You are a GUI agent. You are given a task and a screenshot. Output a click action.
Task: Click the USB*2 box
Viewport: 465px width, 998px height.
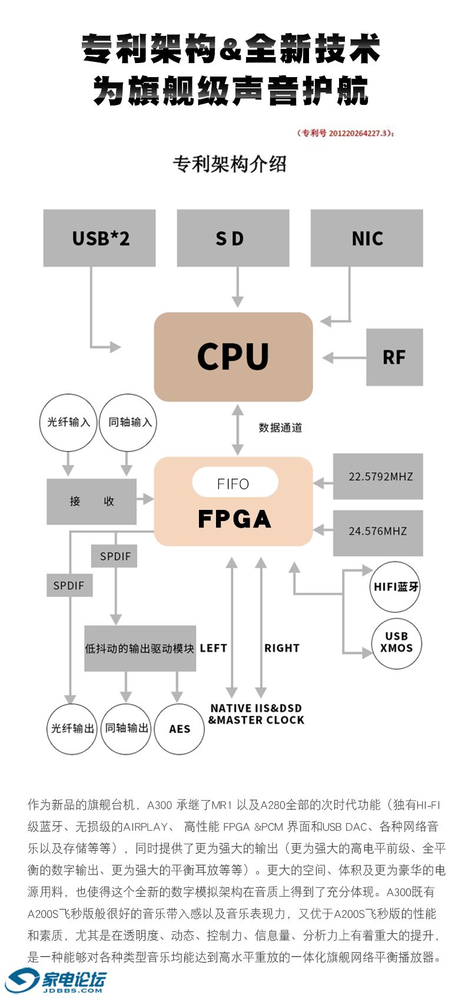pos(99,238)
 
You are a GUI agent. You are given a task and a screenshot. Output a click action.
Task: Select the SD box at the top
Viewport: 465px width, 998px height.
pos(233,238)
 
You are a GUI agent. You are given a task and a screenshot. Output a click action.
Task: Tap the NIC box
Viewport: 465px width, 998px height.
pos(367,238)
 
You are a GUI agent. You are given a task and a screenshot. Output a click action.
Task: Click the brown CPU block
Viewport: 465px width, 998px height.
pos(233,357)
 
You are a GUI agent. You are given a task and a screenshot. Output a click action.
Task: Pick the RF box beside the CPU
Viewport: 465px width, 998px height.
pos(394,357)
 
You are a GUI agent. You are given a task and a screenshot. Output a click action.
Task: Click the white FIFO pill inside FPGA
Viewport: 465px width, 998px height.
pos(235,483)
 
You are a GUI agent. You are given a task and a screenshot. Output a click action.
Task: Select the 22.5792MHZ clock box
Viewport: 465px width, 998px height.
pos(378,476)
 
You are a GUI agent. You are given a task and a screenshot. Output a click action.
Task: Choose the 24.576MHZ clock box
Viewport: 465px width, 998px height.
pos(378,531)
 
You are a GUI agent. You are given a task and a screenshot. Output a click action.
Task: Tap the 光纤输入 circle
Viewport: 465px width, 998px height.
pos(68,422)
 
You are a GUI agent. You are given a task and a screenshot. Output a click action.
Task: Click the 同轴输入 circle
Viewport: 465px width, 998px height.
pos(129,422)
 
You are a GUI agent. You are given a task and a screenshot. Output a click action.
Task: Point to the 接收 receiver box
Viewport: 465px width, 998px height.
pos(92,501)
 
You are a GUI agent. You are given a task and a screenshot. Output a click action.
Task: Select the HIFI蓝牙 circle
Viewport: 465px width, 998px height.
pos(396,587)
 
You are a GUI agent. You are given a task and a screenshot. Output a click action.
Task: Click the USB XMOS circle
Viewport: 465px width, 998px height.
pos(396,642)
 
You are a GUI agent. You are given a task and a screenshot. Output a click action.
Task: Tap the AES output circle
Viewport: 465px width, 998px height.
pos(180,729)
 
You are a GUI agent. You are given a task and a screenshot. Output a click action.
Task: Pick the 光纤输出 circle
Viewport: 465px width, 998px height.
pos(72,729)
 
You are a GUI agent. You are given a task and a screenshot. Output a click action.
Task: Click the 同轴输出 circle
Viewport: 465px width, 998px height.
pos(126,728)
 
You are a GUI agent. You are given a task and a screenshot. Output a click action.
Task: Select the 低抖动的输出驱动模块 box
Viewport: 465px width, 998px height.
pos(140,648)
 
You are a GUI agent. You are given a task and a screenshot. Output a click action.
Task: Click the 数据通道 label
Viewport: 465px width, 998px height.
pos(280,427)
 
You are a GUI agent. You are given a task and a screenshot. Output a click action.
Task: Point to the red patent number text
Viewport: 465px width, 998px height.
pos(346,133)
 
